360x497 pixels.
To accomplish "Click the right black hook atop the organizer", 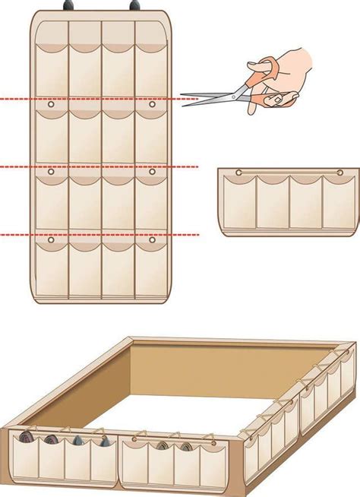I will pos(135,5).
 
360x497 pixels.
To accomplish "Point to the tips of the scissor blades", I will pos(184,99).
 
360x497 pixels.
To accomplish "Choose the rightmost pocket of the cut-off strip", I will pos(337,204).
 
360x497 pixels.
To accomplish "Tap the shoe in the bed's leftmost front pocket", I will pos(27,438).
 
